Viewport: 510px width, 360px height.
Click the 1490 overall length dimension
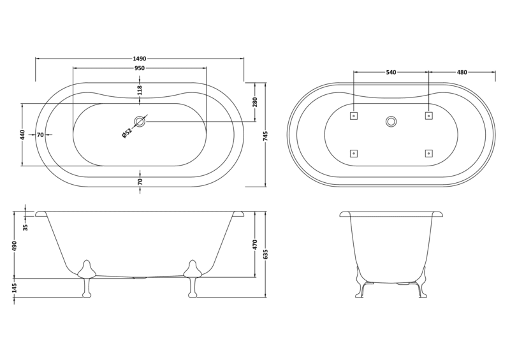pyautogui.click(x=139, y=59)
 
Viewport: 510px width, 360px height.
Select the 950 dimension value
pyautogui.click(x=139, y=68)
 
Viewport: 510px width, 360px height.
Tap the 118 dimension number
pyautogui.click(x=140, y=90)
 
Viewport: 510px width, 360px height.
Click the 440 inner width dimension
pyautogui.click(x=22, y=134)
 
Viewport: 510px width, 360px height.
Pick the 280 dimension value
pyautogui.click(x=255, y=102)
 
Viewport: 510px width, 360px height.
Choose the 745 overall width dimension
pyautogui.click(x=265, y=135)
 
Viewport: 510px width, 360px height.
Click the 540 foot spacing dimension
pyautogui.click(x=391, y=72)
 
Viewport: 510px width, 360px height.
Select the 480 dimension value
pyautogui.click(x=462, y=72)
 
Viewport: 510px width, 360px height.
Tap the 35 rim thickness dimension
pyautogui.click(x=25, y=227)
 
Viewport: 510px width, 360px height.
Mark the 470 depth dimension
pyautogui.click(x=255, y=245)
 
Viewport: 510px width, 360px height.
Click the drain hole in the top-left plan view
pyautogui.click(x=140, y=121)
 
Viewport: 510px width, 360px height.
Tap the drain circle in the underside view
pyautogui.click(x=391, y=121)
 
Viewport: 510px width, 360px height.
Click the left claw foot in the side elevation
pyautogui.click(x=86, y=278)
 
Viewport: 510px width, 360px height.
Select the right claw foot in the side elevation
pyautogui.click(x=193, y=278)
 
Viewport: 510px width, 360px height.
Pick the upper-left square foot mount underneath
pyautogui.click(x=354, y=116)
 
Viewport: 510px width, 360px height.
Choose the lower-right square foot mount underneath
pyautogui.click(x=428, y=153)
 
